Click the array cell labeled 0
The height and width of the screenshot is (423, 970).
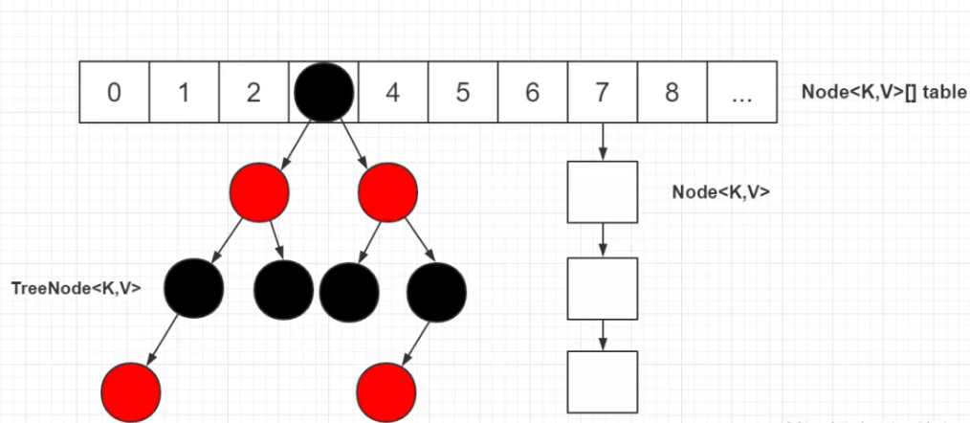(x=114, y=93)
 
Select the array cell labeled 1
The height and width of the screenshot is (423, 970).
(x=184, y=93)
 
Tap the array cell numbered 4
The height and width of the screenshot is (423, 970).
(x=393, y=93)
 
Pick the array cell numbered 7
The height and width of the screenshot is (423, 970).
(x=602, y=93)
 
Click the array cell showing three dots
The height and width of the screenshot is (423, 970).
(x=741, y=93)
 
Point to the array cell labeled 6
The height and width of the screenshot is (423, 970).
(x=532, y=93)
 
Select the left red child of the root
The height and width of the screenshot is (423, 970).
(x=259, y=191)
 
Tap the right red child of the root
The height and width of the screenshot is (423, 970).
(x=386, y=191)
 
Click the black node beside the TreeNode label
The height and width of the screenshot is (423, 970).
(x=194, y=286)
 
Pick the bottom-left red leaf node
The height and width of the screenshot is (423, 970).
(x=131, y=392)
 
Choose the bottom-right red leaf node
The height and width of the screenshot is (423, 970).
(x=386, y=392)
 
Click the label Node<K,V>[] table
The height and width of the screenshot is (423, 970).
(x=885, y=93)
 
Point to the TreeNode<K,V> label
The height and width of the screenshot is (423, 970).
(x=76, y=286)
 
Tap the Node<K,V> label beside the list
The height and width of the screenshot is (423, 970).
(x=721, y=191)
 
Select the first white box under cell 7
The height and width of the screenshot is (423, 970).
(x=602, y=191)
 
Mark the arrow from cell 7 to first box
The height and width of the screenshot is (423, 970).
(x=602, y=142)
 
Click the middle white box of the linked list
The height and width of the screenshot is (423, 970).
(x=602, y=287)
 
